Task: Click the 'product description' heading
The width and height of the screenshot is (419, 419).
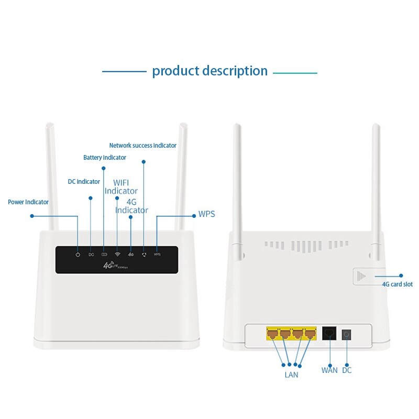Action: point(210,71)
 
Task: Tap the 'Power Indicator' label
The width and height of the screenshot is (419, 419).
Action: point(28,202)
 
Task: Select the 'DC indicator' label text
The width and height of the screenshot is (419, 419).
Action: point(84,182)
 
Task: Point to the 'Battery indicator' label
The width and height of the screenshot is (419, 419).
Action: point(105,158)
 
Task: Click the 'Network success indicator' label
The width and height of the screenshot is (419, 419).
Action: point(142,146)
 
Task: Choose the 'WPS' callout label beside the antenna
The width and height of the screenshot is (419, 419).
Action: point(206,214)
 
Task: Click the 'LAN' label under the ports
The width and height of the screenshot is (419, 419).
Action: point(291,375)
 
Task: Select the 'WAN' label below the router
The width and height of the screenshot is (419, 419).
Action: point(329,370)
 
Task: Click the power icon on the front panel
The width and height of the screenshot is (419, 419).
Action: point(78,255)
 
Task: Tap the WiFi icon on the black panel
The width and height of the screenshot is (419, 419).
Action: point(117,255)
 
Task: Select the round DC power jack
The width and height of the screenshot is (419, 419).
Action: point(346,334)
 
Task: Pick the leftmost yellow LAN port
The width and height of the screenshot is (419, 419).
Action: point(272,333)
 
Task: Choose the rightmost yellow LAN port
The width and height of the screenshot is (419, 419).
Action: point(310,333)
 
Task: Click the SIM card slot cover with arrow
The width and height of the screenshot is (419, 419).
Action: point(361,276)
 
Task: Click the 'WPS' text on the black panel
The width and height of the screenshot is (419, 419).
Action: point(157,255)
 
